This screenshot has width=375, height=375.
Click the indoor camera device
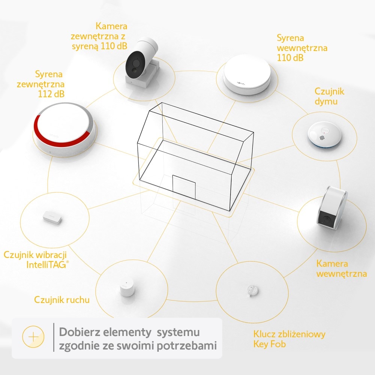point(332,208)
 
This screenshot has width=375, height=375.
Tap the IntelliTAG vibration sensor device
point(51,217)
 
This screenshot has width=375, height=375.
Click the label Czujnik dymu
point(329,96)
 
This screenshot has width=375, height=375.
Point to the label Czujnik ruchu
point(62,300)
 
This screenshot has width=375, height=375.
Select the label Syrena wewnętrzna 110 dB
point(302,48)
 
